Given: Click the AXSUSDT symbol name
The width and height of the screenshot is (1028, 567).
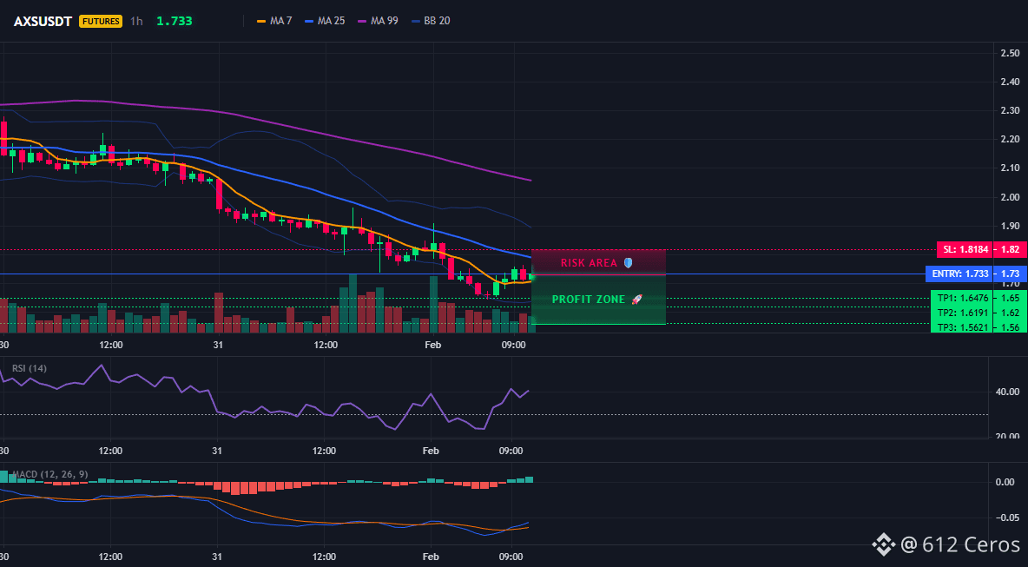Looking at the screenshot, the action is [x=43, y=21].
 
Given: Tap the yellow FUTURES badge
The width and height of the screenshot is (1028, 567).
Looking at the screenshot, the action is [x=101, y=21].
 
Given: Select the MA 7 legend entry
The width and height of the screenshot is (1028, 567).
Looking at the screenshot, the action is [x=273, y=21].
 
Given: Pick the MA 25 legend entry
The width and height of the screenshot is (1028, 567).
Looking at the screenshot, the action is [x=326, y=21].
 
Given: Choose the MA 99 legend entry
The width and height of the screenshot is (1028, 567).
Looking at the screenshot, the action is [x=379, y=21].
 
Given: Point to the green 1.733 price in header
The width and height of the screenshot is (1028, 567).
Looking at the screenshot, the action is [x=175, y=21].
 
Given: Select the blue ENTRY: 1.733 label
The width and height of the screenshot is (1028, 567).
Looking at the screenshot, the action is [x=957, y=274].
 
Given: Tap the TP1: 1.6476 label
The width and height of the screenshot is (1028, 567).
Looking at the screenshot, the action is [x=959, y=298].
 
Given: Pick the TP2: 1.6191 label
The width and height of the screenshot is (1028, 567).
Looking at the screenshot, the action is [x=959, y=313].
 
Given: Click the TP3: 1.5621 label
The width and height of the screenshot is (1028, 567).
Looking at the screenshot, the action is [x=959, y=327].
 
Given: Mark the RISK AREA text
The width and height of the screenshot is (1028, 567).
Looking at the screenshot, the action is [x=589, y=263].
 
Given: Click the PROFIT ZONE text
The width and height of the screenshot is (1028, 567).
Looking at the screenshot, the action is [x=589, y=300].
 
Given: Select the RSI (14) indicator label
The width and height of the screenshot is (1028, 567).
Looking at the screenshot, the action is [x=30, y=368].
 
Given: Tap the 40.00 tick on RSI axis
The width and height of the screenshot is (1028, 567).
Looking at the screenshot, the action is [x=1006, y=392].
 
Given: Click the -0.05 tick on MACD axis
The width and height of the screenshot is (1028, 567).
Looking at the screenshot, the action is [x=1006, y=518].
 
